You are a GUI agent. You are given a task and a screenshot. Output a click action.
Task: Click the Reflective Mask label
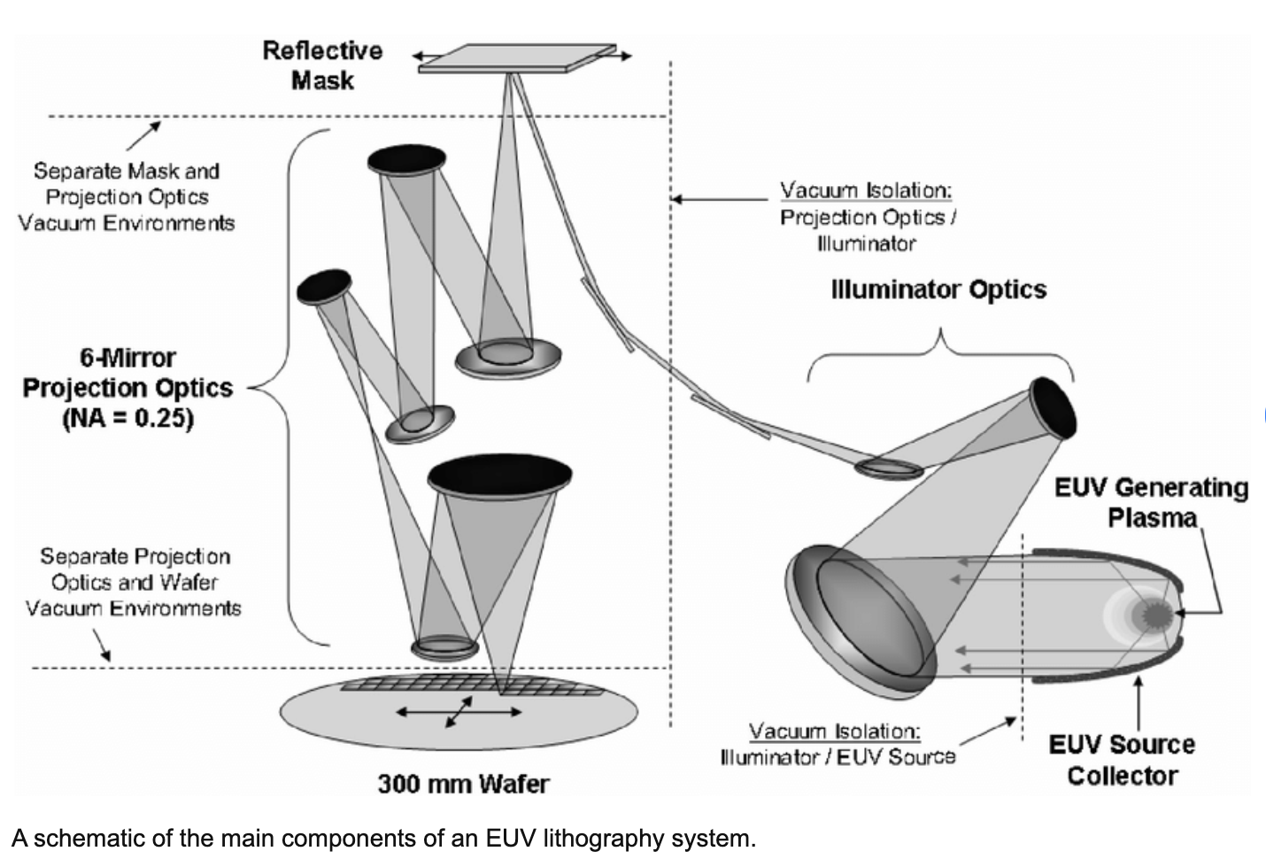pyautogui.click(x=321, y=65)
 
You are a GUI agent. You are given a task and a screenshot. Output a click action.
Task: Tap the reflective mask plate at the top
pyautogui.click(x=518, y=57)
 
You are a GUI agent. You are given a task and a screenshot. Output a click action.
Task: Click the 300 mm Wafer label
pyautogui.click(x=463, y=783)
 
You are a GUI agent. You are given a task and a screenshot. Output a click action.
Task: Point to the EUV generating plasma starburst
pyautogui.click(x=1157, y=613)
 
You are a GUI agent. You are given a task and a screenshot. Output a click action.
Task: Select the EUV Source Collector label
pyautogui.click(x=1122, y=760)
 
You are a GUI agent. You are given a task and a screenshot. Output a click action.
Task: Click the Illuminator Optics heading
pyautogui.click(x=938, y=290)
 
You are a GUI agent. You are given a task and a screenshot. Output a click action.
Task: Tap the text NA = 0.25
pyautogui.click(x=127, y=417)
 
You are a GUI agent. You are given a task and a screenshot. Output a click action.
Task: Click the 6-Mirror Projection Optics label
pyautogui.click(x=127, y=374)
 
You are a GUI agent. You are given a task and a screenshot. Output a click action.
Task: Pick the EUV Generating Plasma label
pyautogui.click(x=1151, y=501)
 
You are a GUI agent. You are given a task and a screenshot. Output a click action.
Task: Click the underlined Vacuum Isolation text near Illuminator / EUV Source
pyautogui.click(x=834, y=731)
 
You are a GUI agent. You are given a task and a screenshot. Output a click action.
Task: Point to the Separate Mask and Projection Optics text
pyautogui.click(x=127, y=197)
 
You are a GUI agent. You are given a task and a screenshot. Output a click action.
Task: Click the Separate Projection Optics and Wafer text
pyautogui.click(x=134, y=582)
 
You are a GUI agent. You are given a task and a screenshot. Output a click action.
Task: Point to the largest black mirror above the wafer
pyautogui.click(x=499, y=476)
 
